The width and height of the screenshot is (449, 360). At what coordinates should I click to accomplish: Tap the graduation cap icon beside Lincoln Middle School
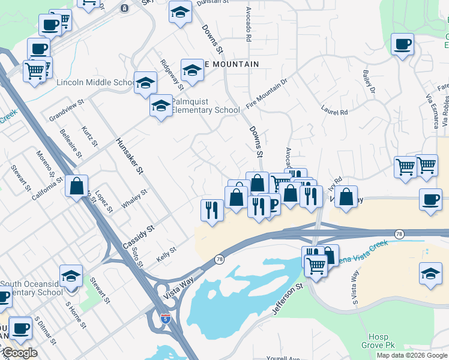(145, 84)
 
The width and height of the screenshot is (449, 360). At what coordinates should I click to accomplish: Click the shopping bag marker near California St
(77, 187)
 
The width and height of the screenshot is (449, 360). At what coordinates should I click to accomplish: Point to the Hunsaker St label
(130, 155)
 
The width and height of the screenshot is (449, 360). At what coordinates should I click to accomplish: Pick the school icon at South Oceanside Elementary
(71, 277)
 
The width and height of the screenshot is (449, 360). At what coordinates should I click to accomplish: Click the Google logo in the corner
(19, 353)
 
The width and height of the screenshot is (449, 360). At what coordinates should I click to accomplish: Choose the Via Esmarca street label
(430, 111)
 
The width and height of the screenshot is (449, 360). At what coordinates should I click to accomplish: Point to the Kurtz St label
(89, 135)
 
